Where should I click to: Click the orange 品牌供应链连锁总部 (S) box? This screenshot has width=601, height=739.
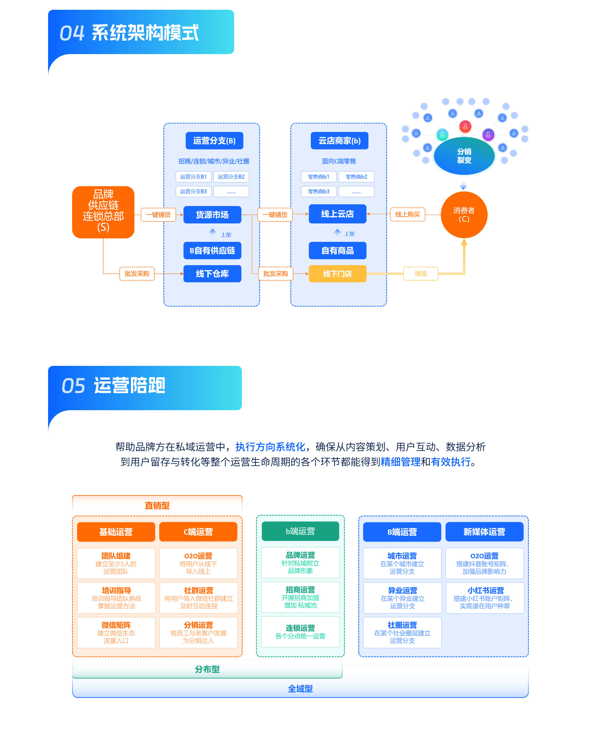[103, 212]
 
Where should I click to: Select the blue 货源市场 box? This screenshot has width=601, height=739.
[212, 215]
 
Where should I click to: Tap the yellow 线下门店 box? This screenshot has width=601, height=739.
[337, 273]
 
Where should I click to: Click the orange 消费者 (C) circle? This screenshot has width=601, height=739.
[464, 215]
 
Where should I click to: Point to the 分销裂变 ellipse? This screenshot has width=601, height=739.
[464, 156]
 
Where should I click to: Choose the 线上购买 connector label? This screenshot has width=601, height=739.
[407, 214]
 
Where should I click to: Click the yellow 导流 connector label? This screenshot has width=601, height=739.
[421, 273]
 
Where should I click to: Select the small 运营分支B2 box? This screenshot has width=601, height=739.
[231, 177]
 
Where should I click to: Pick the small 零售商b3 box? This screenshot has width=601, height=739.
[319, 191]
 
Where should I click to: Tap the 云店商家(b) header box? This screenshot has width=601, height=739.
[339, 140]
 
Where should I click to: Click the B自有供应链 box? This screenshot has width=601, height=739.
[212, 250]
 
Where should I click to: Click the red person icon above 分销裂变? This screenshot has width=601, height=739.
[465, 126]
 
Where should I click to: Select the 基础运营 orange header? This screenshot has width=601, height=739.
[116, 531]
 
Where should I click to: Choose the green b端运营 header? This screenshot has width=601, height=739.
[300, 531]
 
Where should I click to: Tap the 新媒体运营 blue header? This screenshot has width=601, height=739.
[484, 531]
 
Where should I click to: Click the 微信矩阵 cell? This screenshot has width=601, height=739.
[116, 632]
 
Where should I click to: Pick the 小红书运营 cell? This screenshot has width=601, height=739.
[485, 598]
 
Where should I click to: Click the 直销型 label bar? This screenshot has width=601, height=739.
[157, 505]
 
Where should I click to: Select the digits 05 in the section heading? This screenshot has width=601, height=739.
[73, 386]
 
